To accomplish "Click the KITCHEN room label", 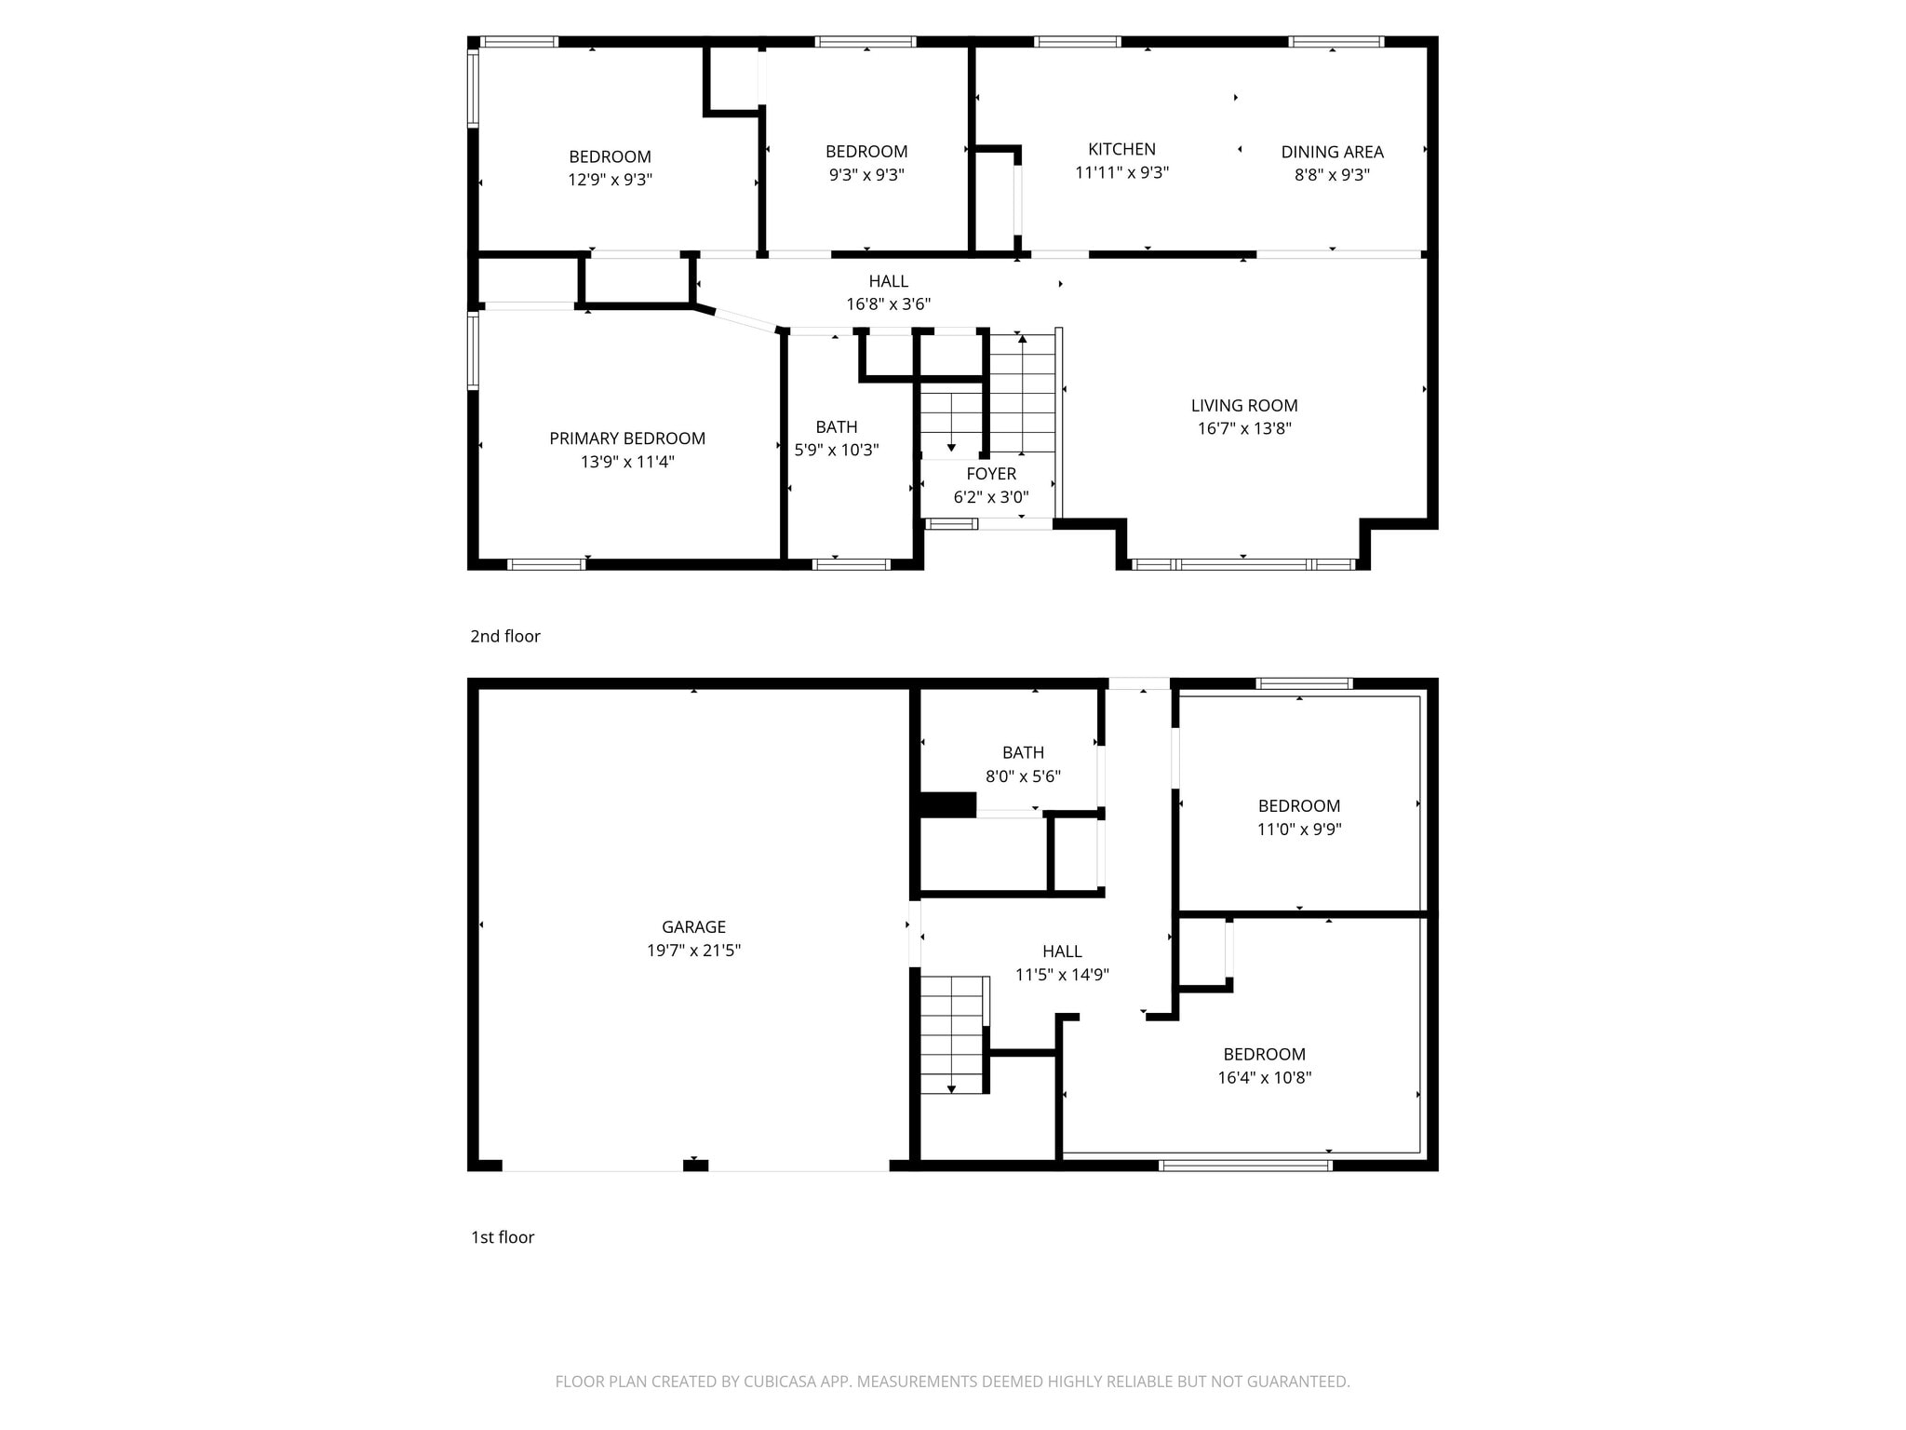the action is tap(1121, 149).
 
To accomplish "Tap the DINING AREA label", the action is tap(1332, 152).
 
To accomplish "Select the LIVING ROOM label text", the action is tap(1244, 405).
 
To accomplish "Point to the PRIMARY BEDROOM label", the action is tap(627, 438).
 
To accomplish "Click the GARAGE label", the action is tap(693, 926).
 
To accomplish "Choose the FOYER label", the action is tap(991, 474).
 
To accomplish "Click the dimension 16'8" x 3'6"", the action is tap(888, 304).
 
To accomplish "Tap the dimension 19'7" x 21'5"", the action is tap(693, 951).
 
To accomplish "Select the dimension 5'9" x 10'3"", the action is tap(836, 450).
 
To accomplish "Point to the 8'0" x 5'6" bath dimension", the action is tap(1023, 776).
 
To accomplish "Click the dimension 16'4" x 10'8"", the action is tap(1264, 1078).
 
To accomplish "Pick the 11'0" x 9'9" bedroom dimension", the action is tap(1299, 830).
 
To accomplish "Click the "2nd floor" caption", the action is tap(504, 636).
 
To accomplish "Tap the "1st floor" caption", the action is tap(503, 1237).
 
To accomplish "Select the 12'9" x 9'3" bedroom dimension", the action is tap(610, 180).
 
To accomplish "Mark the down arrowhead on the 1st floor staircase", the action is tap(951, 1088).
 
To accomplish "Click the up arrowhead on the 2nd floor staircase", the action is tap(1022, 339).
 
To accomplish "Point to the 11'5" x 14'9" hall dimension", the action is tap(1062, 975).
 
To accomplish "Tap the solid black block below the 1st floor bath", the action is tap(947, 804).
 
